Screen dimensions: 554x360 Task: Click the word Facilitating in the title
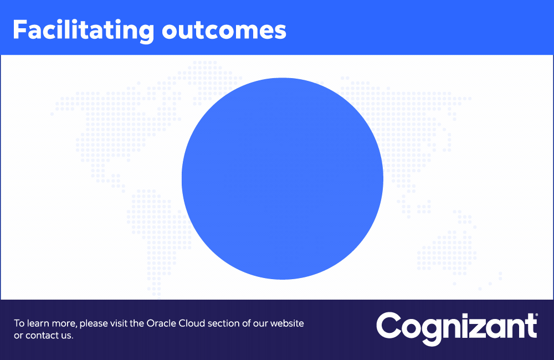click(x=84, y=31)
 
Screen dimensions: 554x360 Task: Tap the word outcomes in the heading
click(x=224, y=31)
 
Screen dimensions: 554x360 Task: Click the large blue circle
click(x=283, y=178)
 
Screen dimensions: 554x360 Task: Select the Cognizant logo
click(x=457, y=328)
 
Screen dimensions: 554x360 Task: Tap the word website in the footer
click(x=287, y=323)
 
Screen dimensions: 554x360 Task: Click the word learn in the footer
click(x=39, y=323)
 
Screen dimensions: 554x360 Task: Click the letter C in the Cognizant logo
click(x=388, y=325)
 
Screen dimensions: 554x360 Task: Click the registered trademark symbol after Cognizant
click(x=536, y=315)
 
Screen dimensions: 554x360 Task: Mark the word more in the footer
click(x=64, y=323)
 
